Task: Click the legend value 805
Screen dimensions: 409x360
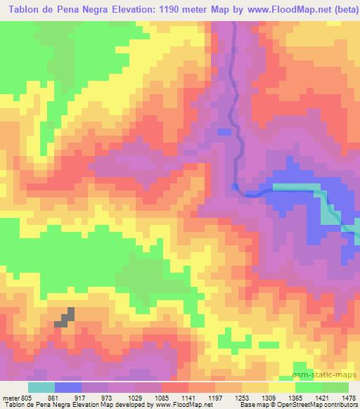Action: (x=26, y=397)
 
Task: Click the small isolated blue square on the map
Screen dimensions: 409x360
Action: (x=224, y=131)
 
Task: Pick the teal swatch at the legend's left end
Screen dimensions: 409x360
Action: (x=41, y=387)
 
